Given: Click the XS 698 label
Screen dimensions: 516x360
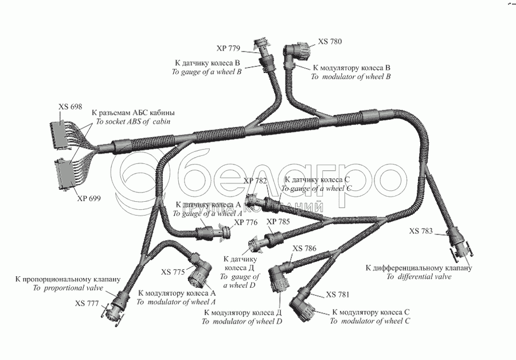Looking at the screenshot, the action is click(x=70, y=107).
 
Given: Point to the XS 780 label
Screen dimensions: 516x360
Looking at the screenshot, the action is click(x=330, y=42).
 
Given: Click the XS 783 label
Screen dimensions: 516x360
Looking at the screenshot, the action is click(x=422, y=231).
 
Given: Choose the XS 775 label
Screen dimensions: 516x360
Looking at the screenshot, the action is click(x=173, y=272).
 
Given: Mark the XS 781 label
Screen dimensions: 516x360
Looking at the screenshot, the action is click(x=338, y=295).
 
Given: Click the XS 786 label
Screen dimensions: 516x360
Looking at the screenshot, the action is click(x=304, y=248).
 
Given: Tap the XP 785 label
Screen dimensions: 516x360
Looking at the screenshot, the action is click(x=278, y=221).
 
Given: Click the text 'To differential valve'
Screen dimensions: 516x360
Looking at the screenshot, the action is click(x=419, y=277).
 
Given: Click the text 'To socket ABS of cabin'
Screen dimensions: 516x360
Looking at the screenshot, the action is click(x=133, y=123).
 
